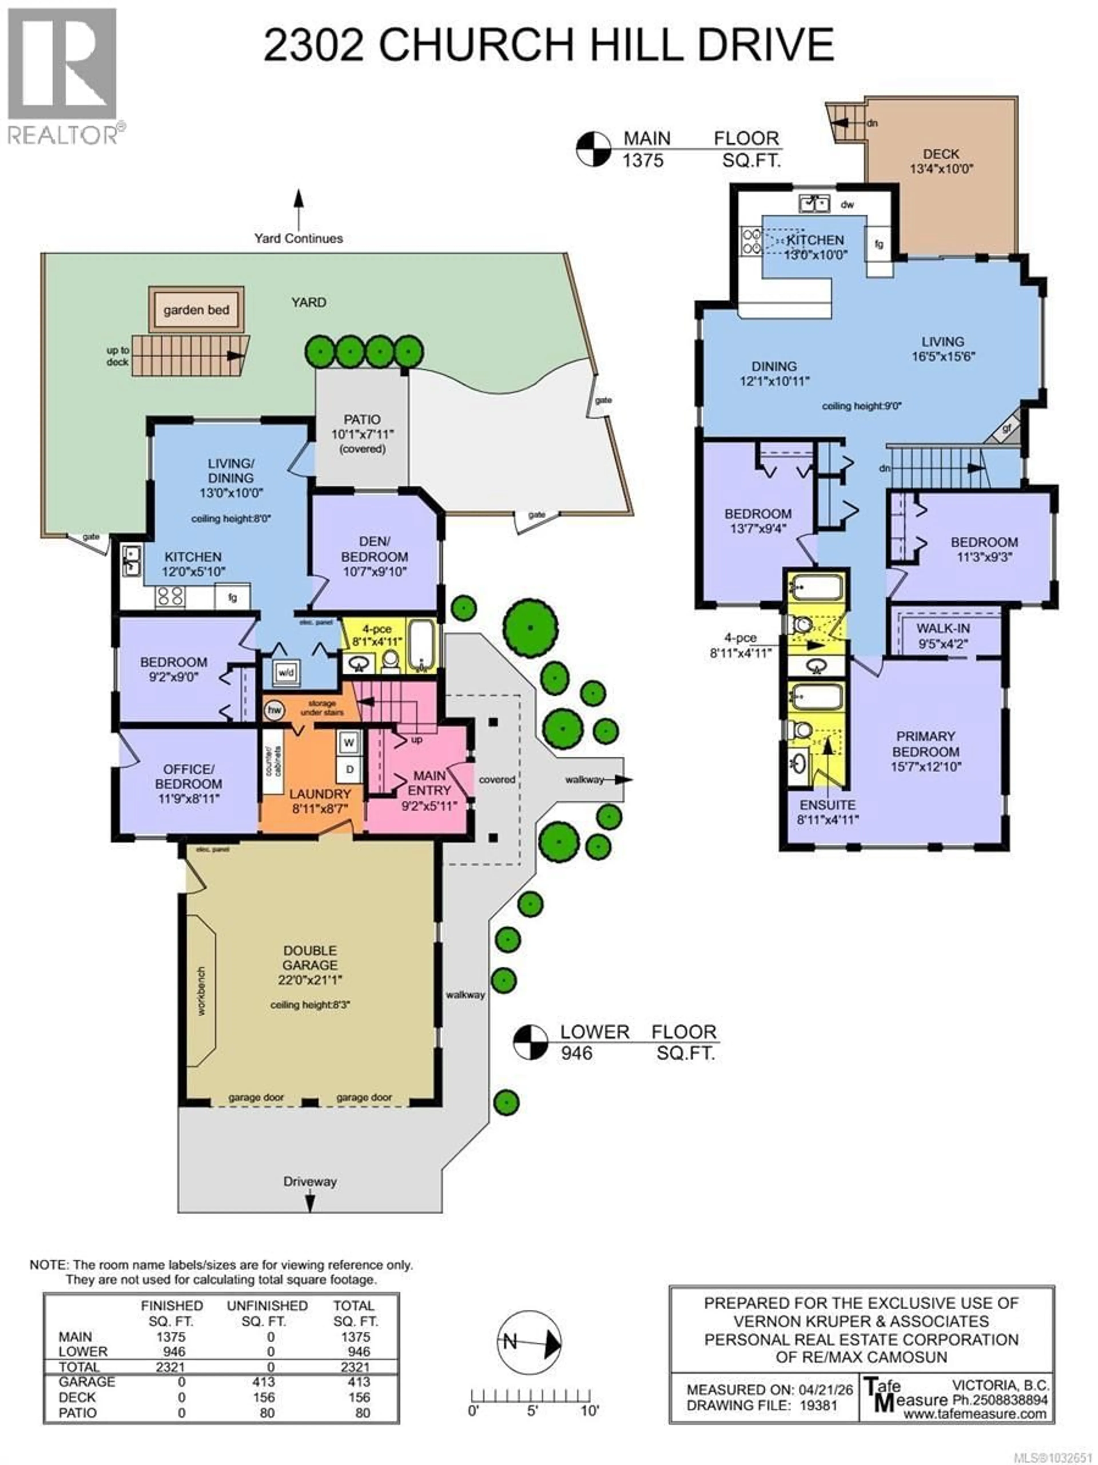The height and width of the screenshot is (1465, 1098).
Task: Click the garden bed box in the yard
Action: tap(196, 309)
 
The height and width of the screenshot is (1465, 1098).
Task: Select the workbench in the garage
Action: tap(201, 991)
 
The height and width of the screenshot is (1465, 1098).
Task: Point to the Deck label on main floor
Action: tap(940, 154)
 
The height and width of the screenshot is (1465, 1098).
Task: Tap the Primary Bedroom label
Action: tap(925, 744)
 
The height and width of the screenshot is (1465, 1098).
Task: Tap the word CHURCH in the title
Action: tap(477, 45)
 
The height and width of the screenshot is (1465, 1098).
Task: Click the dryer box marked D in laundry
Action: tap(349, 769)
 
